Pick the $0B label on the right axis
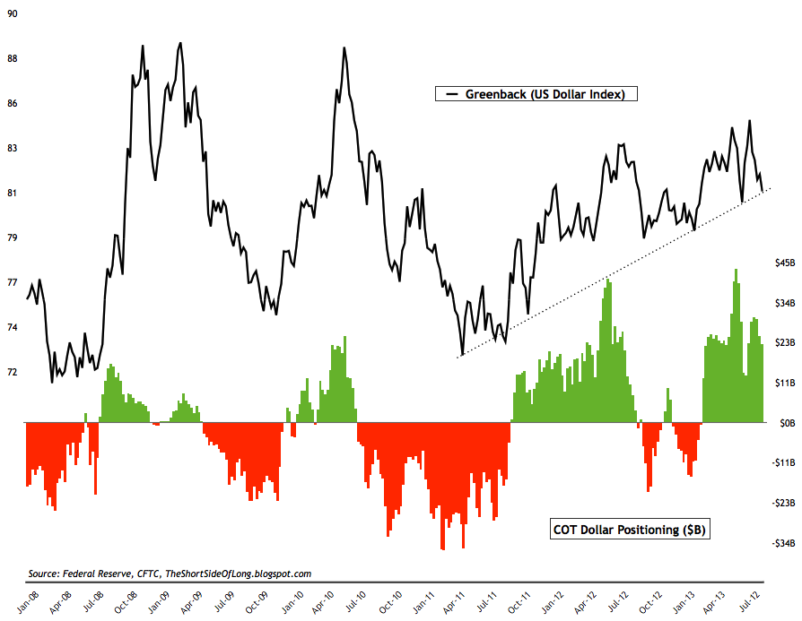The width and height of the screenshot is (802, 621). (x=787, y=422)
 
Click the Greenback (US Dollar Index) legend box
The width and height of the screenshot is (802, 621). (x=535, y=94)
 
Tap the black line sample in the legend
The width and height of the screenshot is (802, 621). (x=449, y=94)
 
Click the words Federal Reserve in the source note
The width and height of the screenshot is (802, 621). (x=96, y=574)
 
